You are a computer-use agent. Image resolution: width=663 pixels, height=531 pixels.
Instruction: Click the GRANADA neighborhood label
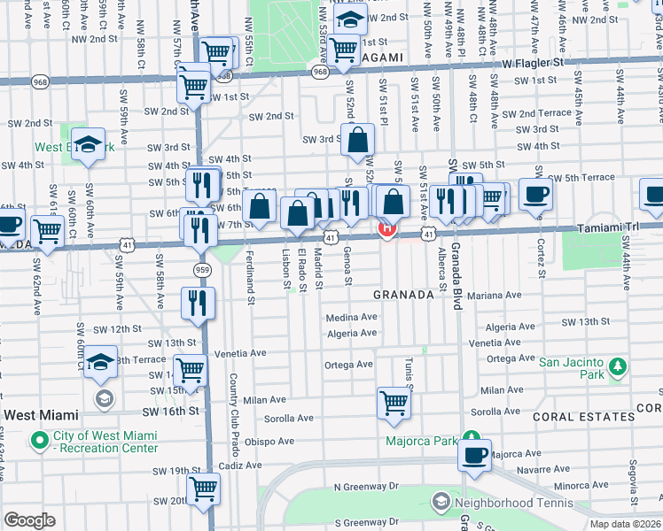[402, 295]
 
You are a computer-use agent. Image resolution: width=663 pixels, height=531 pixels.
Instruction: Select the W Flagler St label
[532, 64]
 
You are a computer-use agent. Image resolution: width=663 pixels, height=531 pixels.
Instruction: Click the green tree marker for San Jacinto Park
[617, 366]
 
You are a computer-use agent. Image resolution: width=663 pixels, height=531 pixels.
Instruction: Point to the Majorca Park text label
[421, 441]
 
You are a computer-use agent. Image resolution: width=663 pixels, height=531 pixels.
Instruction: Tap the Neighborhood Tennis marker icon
[441, 503]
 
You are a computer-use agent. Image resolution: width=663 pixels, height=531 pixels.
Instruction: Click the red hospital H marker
[387, 229]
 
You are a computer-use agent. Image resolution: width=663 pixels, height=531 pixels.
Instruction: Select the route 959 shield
[203, 270]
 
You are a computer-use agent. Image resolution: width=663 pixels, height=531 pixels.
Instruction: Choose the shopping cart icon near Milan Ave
[394, 403]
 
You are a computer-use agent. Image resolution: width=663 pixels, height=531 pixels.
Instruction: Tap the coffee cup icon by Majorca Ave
[475, 456]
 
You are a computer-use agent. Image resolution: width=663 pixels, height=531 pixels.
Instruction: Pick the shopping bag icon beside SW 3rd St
[357, 141]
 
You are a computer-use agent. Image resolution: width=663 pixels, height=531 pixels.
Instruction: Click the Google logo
[29, 520]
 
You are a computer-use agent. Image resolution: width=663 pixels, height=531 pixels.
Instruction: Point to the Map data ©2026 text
[625, 524]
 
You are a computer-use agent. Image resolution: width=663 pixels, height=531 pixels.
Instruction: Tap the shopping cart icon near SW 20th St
[204, 487]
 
